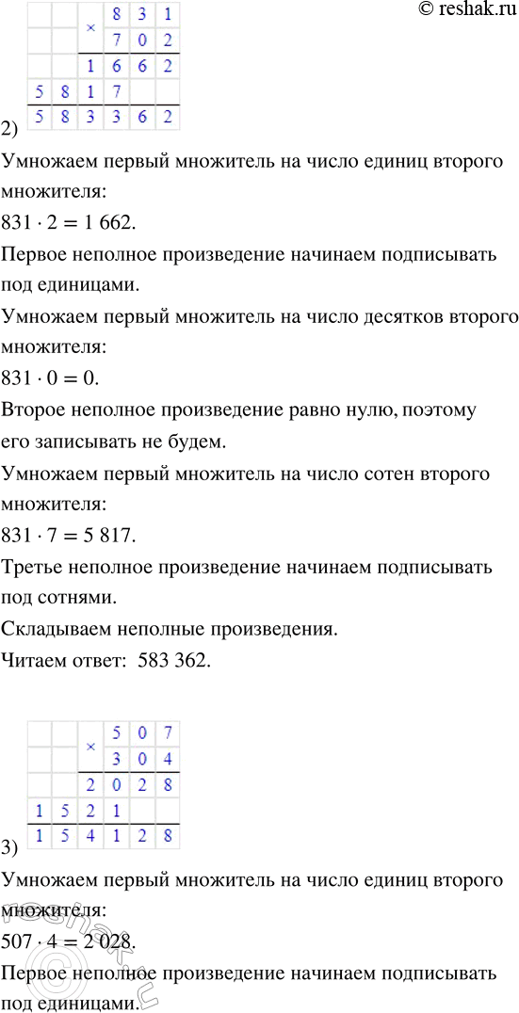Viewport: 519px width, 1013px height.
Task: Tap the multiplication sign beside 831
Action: point(90,29)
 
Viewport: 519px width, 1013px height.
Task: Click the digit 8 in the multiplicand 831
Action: point(116,16)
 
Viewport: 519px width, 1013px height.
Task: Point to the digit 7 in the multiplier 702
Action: point(116,42)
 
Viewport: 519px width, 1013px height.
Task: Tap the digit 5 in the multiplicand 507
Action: point(116,732)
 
